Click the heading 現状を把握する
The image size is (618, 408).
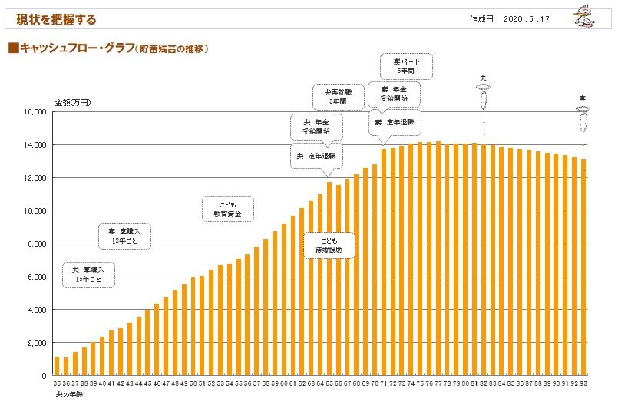tap(57, 19)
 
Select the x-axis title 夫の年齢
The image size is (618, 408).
tap(68, 394)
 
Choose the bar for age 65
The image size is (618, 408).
tap(329, 279)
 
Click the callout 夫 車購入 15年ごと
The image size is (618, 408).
tap(89, 275)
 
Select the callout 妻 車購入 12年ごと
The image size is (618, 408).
tap(124, 236)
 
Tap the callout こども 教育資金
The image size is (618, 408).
tap(227, 209)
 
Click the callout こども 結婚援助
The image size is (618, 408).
tap(329, 245)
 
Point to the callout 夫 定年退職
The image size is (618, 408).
tap(316, 156)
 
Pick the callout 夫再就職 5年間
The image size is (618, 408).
tap(337, 97)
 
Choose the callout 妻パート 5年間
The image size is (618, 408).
tap(406, 66)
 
